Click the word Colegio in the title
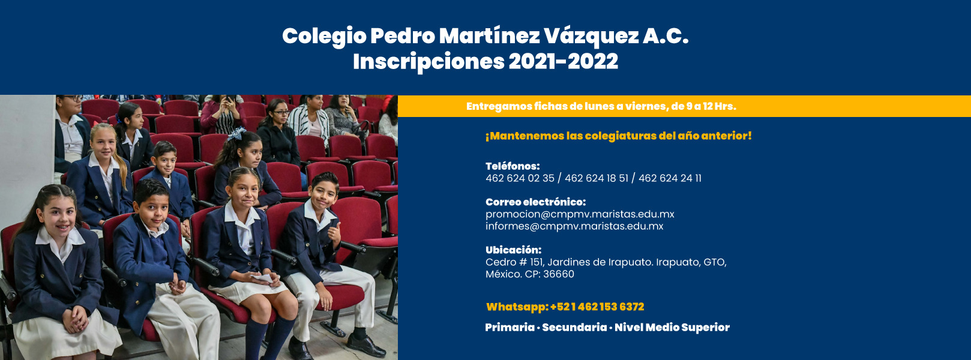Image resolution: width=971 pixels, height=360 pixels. click(x=324, y=37)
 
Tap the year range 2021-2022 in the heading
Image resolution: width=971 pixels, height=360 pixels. click(x=563, y=62)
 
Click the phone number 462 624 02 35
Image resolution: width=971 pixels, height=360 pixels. click(x=520, y=178)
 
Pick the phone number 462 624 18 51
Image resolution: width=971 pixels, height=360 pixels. click(x=596, y=178)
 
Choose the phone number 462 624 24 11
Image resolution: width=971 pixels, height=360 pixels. click(x=670, y=178)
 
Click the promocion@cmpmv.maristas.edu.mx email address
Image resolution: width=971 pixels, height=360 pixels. click(x=580, y=214)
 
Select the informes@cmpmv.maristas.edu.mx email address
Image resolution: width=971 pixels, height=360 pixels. click(x=574, y=226)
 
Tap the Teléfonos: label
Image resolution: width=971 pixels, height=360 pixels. click(x=513, y=166)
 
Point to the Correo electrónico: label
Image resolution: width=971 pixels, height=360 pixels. click(x=535, y=202)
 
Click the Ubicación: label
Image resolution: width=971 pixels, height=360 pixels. click(x=513, y=250)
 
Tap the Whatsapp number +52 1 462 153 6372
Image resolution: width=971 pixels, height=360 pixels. click(x=597, y=307)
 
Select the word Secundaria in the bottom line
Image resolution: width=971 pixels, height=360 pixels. click(x=574, y=327)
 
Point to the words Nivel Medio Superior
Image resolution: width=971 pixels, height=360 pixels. click(x=672, y=328)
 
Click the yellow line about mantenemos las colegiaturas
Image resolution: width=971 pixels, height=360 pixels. click(x=618, y=136)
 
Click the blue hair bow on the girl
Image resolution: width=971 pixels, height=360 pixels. click(x=236, y=133)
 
